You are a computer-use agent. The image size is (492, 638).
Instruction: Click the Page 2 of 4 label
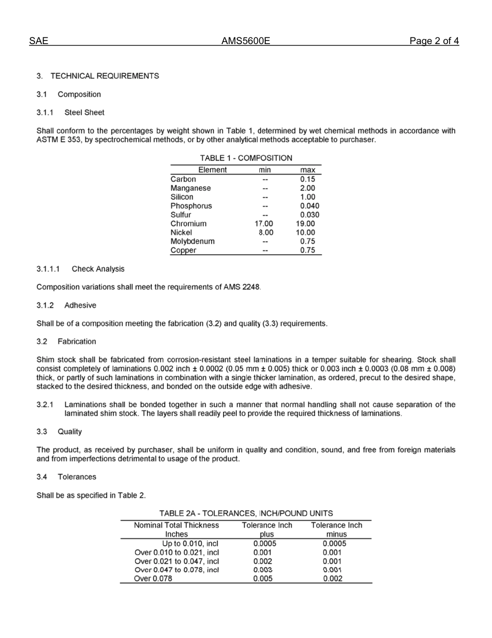[433, 41]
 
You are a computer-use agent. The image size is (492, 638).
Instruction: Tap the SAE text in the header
[38, 41]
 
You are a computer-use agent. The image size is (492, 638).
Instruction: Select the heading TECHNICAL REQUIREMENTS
[105, 76]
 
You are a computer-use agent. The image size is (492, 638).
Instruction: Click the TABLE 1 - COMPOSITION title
[246, 158]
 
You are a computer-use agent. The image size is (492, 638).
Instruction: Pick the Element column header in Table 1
[212, 170]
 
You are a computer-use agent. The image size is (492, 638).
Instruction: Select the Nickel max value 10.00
[306, 233]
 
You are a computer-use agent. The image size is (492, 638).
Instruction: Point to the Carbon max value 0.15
[308, 179]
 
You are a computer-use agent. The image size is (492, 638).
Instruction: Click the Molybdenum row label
[193, 242]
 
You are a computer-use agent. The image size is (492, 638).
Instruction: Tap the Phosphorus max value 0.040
[309, 206]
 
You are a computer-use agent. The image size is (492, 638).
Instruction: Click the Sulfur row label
[181, 215]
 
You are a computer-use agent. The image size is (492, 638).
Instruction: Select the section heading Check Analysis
[98, 269]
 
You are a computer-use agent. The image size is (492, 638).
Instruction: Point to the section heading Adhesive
[80, 306]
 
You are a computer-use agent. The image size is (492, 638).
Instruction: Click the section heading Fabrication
[77, 342]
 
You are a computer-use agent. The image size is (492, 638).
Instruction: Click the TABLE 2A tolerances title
[246, 514]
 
